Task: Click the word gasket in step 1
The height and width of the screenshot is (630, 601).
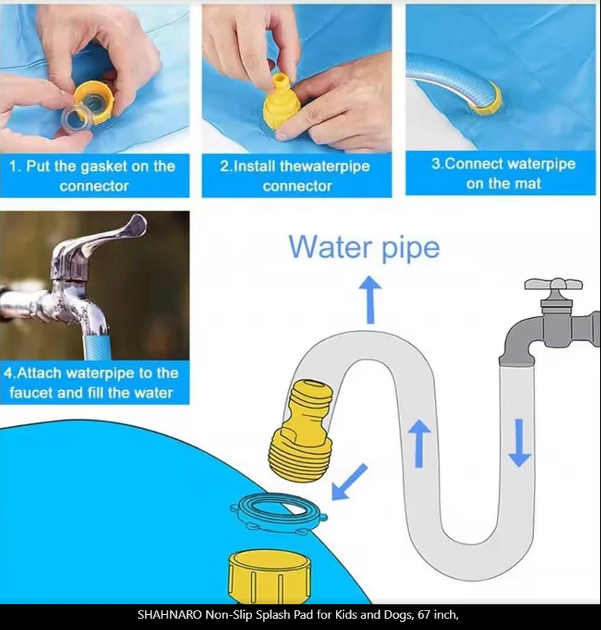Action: click(109, 167)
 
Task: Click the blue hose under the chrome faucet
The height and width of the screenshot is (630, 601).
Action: click(97, 345)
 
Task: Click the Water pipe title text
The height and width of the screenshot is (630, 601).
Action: click(364, 247)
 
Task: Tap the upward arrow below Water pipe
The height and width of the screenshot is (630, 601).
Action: click(370, 300)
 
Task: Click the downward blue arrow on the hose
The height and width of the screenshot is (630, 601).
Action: click(519, 443)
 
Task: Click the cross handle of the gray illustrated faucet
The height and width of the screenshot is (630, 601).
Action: click(553, 283)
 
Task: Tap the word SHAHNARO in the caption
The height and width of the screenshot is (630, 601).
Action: click(169, 614)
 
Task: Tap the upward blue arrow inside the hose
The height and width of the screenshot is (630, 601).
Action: click(419, 443)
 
